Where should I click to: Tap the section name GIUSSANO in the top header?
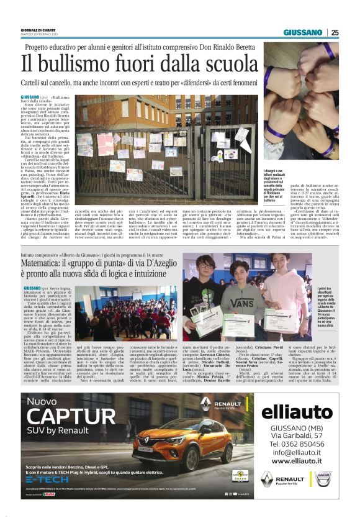point(303,32)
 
